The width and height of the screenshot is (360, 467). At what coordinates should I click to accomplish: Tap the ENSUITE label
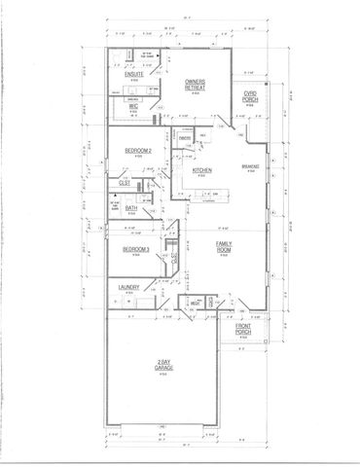134,74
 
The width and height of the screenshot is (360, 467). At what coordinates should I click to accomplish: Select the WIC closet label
134,106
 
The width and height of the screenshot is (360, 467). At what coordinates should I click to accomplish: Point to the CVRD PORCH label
250,98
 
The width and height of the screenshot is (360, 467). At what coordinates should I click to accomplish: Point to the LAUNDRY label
129,287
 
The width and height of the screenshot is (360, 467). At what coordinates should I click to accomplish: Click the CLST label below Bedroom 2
125,182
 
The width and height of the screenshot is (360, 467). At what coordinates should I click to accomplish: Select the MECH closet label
196,304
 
